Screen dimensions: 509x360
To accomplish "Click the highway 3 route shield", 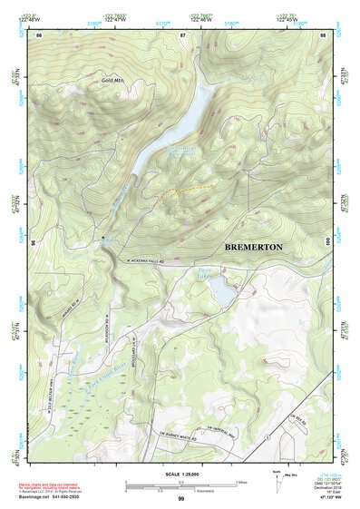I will tap(267, 437).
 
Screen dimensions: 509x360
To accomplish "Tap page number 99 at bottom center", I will tap(180, 499).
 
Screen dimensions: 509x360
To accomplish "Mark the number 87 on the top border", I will tap(182, 34).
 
